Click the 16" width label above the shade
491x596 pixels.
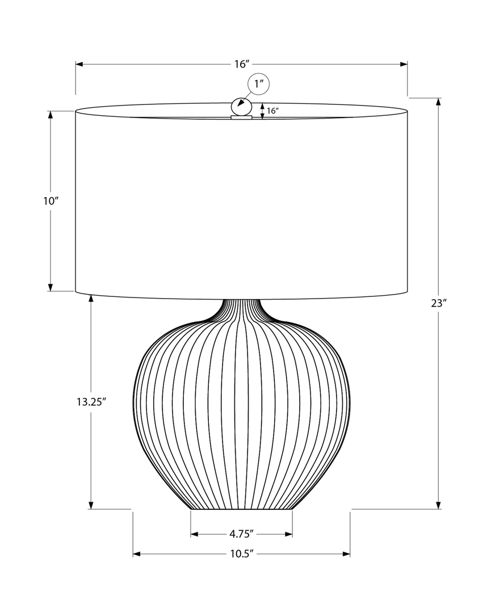[241, 64]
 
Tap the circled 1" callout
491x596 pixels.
[259, 85]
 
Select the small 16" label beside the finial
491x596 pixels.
[273, 111]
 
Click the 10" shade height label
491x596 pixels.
[51, 201]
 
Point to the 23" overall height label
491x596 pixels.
[439, 303]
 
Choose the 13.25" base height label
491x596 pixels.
[91, 402]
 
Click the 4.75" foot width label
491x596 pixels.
[241, 534]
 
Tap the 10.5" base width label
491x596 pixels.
[241, 553]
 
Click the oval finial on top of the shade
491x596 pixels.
[241, 107]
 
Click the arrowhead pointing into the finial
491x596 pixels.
[243, 103]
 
